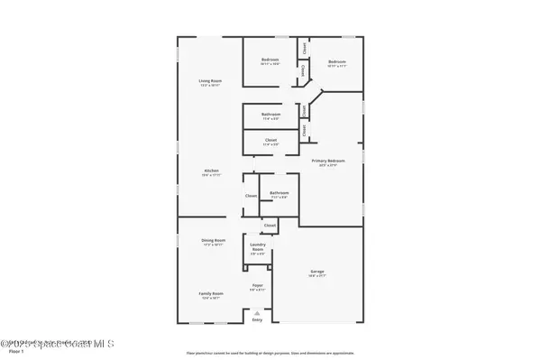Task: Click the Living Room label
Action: coord(210,82)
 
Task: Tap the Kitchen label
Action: coord(210,171)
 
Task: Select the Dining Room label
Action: coord(214,240)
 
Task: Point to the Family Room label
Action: coord(210,293)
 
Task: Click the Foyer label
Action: coord(257,285)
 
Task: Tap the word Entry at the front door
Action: coord(257,320)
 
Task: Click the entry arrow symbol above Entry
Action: coord(257,311)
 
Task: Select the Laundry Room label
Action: coord(257,247)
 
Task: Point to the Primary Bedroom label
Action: coord(328,161)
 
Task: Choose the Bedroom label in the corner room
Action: coord(337,61)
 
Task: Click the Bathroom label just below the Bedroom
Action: coord(271,114)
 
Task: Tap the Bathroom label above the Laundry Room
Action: coord(279,192)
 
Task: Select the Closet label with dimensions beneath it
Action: coord(270,140)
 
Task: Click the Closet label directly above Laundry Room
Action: coord(270,225)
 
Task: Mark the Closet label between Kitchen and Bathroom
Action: coord(251,196)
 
